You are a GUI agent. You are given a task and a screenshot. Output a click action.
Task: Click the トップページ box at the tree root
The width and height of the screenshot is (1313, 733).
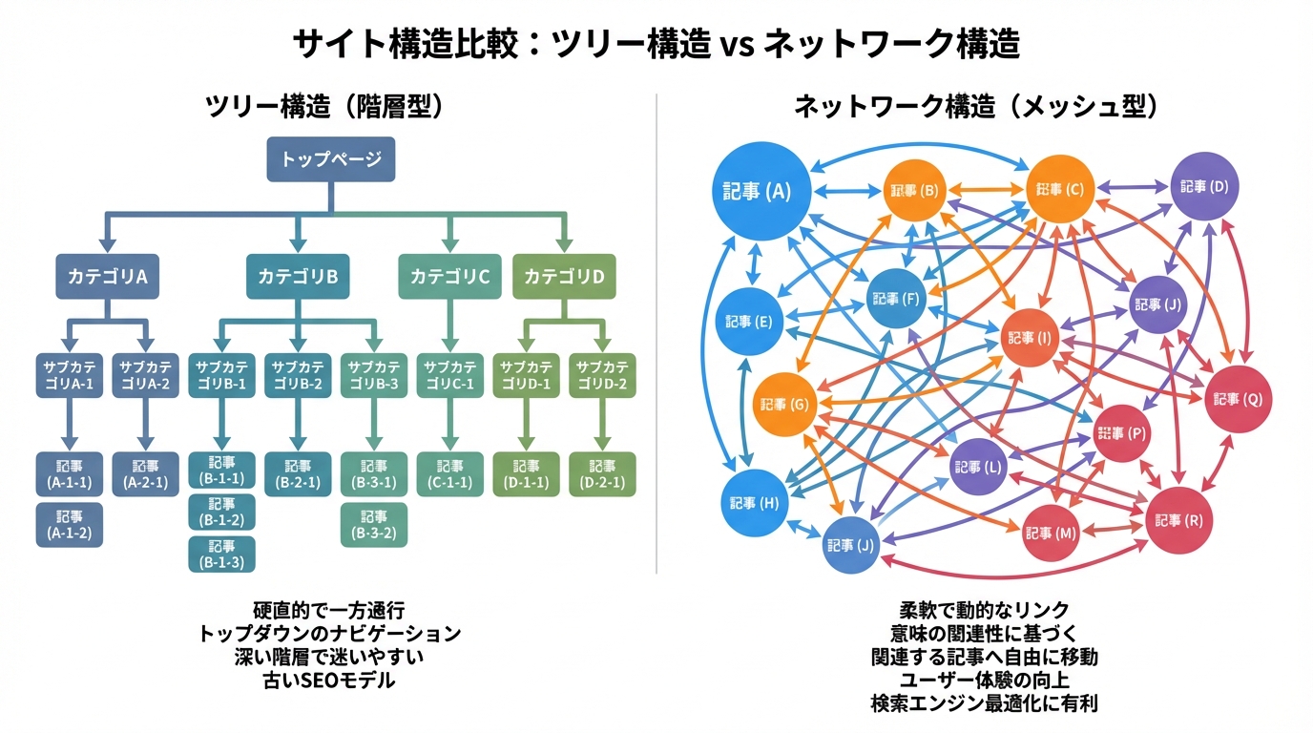[x=330, y=159]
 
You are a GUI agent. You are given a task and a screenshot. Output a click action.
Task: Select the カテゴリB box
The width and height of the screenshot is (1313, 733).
[x=297, y=277]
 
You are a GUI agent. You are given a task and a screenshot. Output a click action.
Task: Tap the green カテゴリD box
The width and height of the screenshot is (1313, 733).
[x=564, y=277]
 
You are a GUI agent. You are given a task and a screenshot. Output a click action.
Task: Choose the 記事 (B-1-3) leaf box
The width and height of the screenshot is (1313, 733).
[x=221, y=555]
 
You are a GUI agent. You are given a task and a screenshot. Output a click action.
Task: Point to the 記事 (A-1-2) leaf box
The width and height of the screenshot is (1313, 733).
[x=69, y=524]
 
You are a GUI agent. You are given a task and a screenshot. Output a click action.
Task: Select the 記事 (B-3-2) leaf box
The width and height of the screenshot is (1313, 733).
[x=374, y=524]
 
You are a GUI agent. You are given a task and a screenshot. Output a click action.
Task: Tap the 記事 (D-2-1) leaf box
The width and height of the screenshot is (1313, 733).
[x=602, y=474]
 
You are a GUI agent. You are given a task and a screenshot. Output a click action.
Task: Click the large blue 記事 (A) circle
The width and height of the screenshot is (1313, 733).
[x=763, y=191]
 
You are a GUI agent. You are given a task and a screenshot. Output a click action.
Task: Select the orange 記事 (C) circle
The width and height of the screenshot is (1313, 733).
[x=1059, y=189]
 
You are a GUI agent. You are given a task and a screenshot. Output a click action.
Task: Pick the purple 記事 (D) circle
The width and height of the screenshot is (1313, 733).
[x=1204, y=186]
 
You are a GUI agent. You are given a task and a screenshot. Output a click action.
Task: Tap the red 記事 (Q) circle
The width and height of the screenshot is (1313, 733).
[x=1239, y=399]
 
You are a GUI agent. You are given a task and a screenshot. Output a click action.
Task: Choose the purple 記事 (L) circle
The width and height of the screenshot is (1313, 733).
[x=980, y=467]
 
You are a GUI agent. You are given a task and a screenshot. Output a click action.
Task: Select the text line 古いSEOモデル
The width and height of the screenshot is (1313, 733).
[x=329, y=681]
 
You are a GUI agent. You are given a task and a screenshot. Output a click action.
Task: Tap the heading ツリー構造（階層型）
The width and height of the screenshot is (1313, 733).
[x=326, y=107]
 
